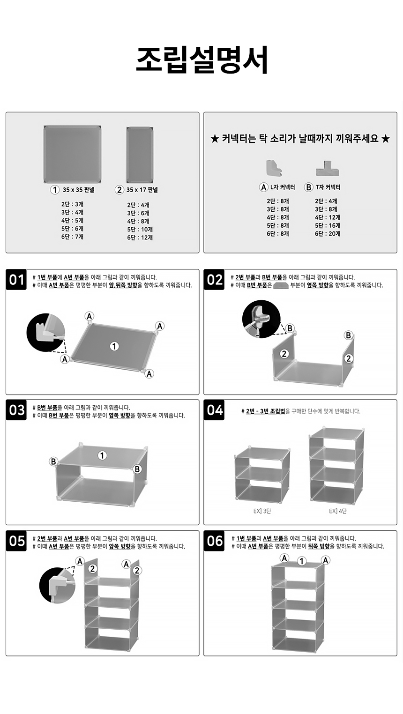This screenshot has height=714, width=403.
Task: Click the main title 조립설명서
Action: click(x=201, y=60)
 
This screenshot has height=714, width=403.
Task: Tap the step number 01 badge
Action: click(x=16, y=280)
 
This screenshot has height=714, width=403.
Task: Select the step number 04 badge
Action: click(x=214, y=410)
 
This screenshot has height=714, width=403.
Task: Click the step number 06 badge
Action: click(x=214, y=541)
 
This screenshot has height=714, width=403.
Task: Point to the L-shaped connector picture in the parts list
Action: click(x=274, y=168)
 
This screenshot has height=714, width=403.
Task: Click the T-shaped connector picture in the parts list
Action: click(x=328, y=168)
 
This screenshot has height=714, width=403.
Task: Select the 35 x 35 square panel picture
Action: click(x=72, y=154)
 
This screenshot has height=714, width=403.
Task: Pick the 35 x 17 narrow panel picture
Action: click(x=140, y=155)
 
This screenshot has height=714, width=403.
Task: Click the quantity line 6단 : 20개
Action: click(x=328, y=234)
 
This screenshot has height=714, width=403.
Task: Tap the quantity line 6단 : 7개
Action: click(x=72, y=237)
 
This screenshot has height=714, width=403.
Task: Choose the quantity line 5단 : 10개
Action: click(x=140, y=230)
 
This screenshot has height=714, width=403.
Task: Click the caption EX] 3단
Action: click(x=262, y=511)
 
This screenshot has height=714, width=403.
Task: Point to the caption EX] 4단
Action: click(x=338, y=511)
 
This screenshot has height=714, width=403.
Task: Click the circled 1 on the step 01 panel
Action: click(x=114, y=346)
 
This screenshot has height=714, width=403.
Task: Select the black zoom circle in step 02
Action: click(x=261, y=319)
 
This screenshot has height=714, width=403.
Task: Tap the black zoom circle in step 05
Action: click(x=57, y=585)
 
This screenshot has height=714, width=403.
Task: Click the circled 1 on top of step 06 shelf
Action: click(x=302, y=561)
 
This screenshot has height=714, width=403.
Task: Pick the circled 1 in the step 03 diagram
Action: click(x=102, y=455)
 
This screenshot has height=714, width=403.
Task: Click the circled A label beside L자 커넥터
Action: click(x=263, y=187)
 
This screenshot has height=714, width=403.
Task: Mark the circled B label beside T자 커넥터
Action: click(x=308, y=187)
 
